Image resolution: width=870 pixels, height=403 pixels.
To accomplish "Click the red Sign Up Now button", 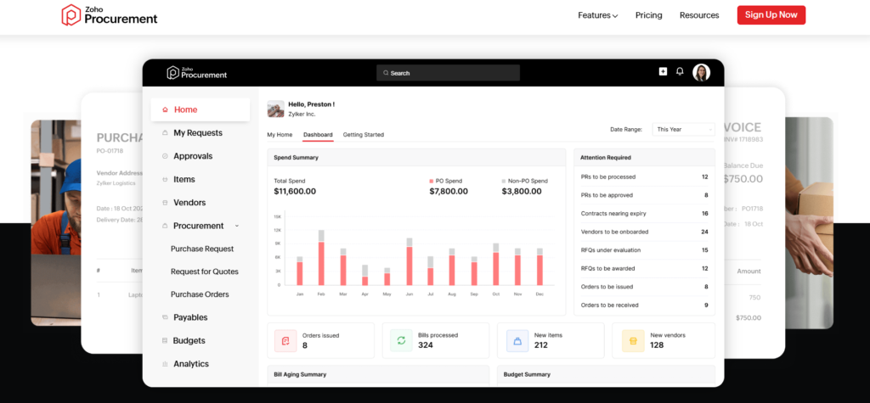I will [771, 15].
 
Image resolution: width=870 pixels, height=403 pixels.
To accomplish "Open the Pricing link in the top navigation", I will [648, 15].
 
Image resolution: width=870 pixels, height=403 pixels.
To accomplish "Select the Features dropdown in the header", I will [597, 15].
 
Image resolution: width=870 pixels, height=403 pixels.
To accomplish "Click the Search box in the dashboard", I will [448, 73].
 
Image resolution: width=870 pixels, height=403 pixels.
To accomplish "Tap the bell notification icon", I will [680, 72].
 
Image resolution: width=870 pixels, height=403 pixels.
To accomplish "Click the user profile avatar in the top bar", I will [701, 72].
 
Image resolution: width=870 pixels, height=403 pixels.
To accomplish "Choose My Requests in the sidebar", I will [197, 133].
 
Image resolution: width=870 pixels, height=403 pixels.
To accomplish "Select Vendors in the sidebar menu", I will [189, 203].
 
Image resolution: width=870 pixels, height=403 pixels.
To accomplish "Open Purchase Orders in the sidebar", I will [200, 294].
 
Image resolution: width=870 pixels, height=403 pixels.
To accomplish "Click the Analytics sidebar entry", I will [190, 364].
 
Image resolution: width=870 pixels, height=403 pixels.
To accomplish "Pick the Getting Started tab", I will [363, 135].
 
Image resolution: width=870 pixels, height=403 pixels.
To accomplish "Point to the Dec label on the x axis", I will [540, 294].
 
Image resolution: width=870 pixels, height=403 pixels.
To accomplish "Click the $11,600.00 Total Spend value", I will [295, 192].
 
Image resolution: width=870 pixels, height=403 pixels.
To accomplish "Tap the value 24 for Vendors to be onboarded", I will [704, 232].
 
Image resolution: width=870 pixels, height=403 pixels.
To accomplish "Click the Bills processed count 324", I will [427, 345].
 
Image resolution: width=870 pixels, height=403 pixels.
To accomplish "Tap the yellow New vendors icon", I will [632, 341].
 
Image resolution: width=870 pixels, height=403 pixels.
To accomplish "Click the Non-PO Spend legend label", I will [527, 181].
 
